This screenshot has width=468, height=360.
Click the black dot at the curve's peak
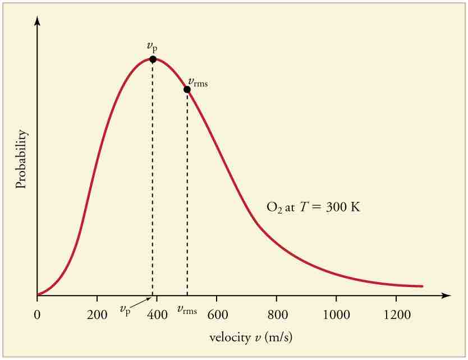(153, 59)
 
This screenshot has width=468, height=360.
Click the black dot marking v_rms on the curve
(187, 89)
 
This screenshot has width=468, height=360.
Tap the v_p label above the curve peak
(152, 47)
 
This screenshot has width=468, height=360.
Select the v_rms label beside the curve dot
(198, 83)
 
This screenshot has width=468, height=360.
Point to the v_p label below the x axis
(125, 310)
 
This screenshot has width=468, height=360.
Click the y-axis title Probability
(22, 159)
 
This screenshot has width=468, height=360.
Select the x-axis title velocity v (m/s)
(251, 338)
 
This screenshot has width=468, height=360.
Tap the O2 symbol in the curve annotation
(273, 207)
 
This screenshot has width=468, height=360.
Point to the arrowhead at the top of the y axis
(37, 20)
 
